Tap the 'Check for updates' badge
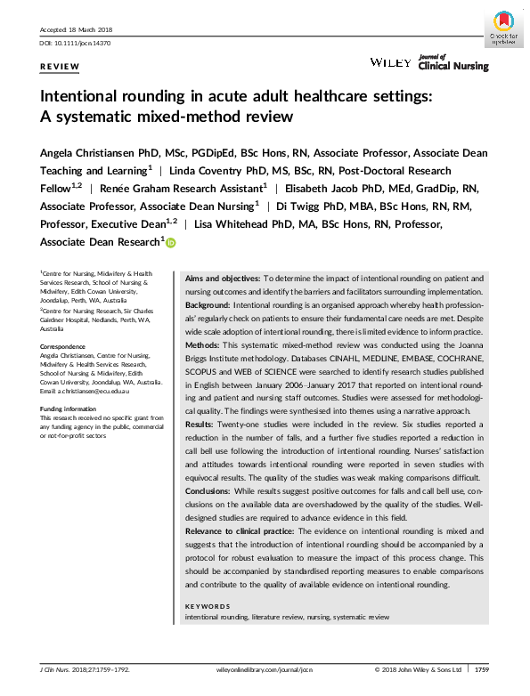tap(504, 28)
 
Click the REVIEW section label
tap(60, 68)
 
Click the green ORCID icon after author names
tap(170, 242)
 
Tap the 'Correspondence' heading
tap(65, 346)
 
